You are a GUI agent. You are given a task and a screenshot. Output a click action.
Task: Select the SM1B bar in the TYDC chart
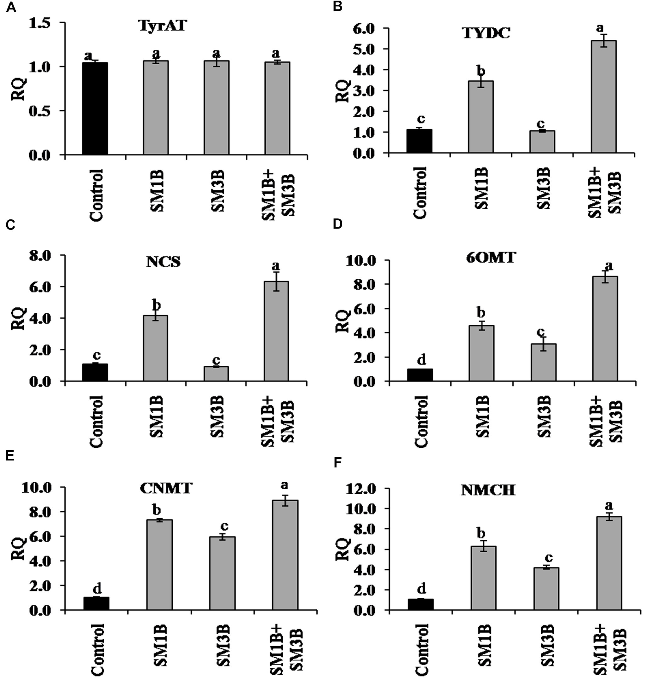[481, 117]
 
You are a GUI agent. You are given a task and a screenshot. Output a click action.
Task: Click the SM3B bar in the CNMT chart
[222, 573]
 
